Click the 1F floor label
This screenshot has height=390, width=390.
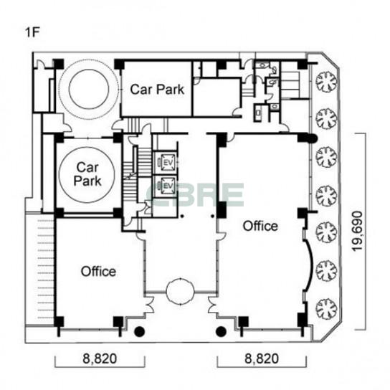32,32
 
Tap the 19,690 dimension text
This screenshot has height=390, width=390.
358,231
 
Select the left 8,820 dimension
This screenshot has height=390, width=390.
100,358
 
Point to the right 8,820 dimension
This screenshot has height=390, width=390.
262,358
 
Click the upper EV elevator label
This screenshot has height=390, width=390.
168,163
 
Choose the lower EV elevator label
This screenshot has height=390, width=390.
168,186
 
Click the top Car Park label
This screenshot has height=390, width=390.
157,90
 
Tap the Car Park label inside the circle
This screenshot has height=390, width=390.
87,174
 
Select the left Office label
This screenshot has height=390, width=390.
98,272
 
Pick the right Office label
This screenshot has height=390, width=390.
260,226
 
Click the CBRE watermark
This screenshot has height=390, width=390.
196,195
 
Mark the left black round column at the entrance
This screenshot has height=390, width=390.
140,331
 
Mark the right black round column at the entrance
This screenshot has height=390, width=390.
221,331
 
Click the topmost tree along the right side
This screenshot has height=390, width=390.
326,82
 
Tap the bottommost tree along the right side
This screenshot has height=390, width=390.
326,309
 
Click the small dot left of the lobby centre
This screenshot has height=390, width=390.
182,216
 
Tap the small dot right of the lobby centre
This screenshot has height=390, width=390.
212,216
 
